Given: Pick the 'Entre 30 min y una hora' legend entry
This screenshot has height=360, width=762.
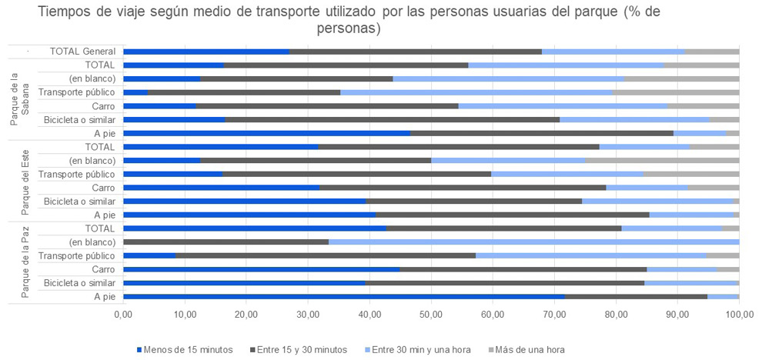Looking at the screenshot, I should (x=420, y=350).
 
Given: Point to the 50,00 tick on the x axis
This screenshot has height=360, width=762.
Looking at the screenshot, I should (x=431, y=315).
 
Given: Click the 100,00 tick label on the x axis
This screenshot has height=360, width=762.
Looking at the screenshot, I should (x=739, y=315).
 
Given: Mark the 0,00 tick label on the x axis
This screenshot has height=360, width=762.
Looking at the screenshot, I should (x=123, y=315).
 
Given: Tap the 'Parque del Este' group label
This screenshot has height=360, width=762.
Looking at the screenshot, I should (x=21, y=181).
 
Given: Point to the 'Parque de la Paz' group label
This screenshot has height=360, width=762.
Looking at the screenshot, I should (x=21, y=262).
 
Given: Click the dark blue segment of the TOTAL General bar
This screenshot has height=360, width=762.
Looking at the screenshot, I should (x=206, y=52).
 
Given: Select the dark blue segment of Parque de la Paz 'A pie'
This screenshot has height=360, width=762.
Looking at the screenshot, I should (x=343, y=296).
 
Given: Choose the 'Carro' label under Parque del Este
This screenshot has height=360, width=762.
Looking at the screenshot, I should (x=103, y=188).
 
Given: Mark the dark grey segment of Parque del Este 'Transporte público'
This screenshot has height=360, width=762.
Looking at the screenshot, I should (x=357, y=174).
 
